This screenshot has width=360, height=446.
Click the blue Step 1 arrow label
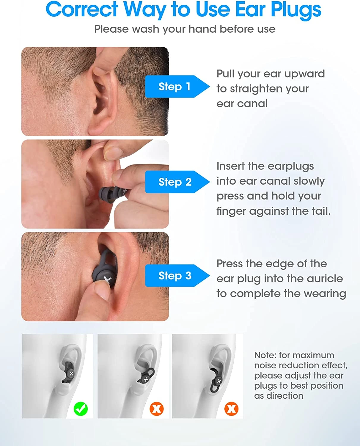pos(177,87)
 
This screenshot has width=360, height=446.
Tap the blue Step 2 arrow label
pos(177,182)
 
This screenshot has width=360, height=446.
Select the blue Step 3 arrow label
pos(177,276)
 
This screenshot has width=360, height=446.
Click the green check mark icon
pos(81,409)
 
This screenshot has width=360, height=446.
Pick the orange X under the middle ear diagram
pos(157,409)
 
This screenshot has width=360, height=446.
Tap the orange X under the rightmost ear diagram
pos(231,409)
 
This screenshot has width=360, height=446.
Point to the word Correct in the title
pos(82,9)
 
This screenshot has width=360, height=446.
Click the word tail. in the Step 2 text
pos(321,211)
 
